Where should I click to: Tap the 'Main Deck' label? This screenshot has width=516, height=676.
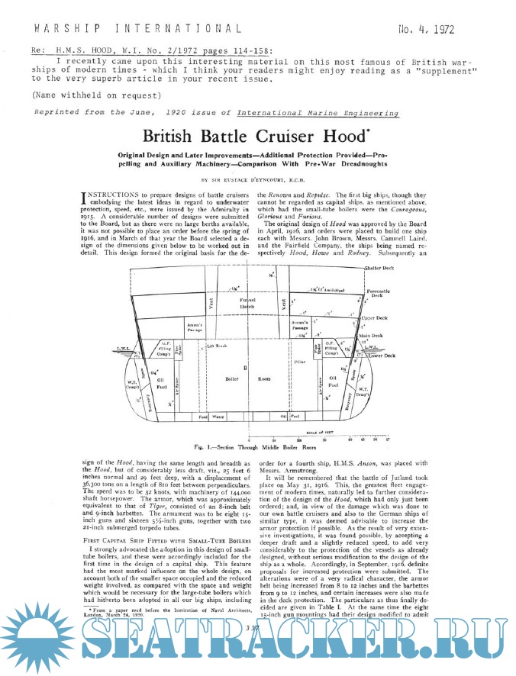(x=373, y=336)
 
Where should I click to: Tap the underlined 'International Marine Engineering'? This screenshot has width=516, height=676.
(x=318, y=112)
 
